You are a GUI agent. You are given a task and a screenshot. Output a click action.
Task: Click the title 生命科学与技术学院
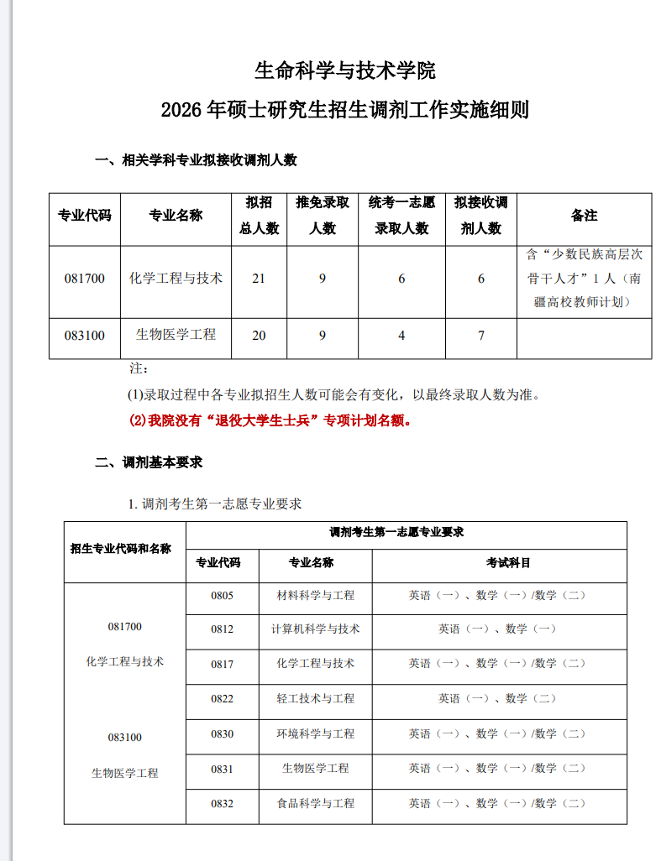pos(344,70)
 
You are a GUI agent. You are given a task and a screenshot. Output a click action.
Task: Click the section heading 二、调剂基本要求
pos(149,462)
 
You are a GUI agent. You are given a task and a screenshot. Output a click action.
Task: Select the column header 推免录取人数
pos(323,216)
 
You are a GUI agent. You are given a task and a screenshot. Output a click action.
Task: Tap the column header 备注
pos(584,216)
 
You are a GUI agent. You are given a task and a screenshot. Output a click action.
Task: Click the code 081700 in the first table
pos(84,279)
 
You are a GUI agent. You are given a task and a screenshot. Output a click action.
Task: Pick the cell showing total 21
pos(259,279)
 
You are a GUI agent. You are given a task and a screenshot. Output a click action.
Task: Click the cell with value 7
pos(480,336)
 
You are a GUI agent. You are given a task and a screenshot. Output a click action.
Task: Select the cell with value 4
pos(401,336)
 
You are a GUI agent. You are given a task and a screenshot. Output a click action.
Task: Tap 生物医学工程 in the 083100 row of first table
pos(176,335)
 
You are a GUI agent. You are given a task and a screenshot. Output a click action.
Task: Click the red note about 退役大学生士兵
pos(271,420)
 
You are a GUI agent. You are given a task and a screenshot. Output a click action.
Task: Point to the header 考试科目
pos(508,562)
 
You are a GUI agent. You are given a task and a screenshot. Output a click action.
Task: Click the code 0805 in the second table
pos(223,595)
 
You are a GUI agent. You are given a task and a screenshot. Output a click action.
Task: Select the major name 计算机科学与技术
pos(316,629)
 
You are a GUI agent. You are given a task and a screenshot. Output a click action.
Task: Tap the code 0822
pos(223,698)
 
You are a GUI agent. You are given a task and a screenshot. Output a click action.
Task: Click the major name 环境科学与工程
pos(316,733)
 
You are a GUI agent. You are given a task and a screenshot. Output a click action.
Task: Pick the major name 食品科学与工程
pos(316,803)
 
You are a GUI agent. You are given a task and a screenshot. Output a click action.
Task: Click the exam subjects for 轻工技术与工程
pos(497,698)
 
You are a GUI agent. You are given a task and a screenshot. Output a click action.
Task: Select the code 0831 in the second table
pos(223,768)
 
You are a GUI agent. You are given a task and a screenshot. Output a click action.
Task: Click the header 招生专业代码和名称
pos(121,549)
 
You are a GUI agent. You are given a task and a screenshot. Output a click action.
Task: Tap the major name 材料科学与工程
pos(316,595)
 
